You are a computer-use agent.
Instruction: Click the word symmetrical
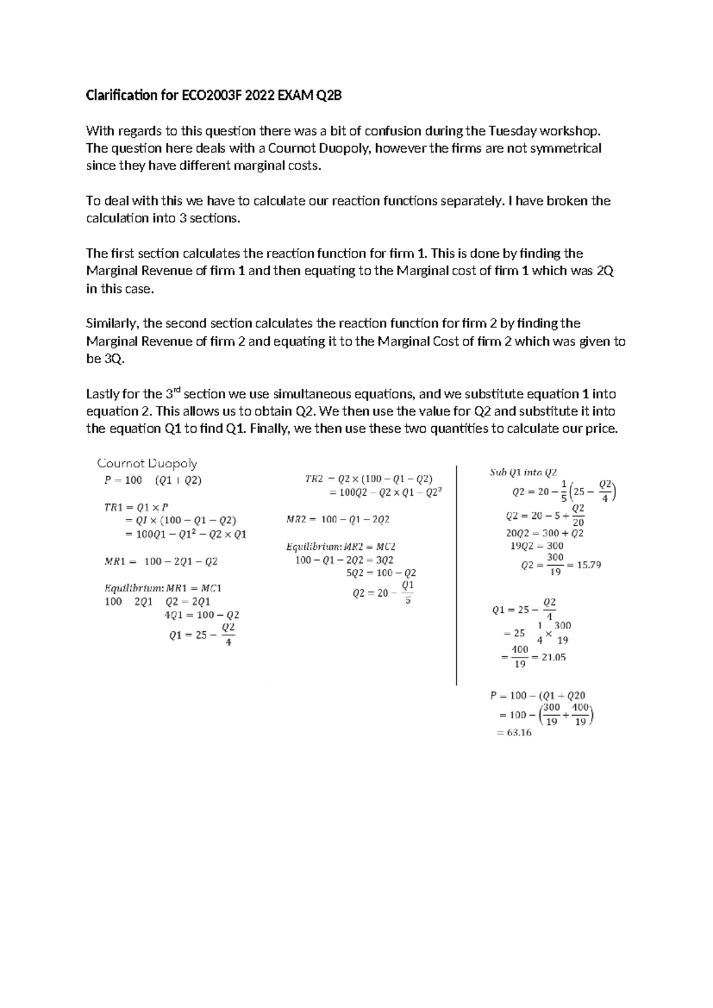567,148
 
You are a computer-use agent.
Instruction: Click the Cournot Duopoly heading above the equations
147,463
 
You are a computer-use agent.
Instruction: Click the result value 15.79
585,565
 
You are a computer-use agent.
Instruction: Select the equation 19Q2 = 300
537,546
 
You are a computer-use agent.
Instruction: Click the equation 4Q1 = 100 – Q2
201,615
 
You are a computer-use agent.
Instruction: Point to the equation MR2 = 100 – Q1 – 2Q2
337,519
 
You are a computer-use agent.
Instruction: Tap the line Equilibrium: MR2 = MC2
341,546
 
